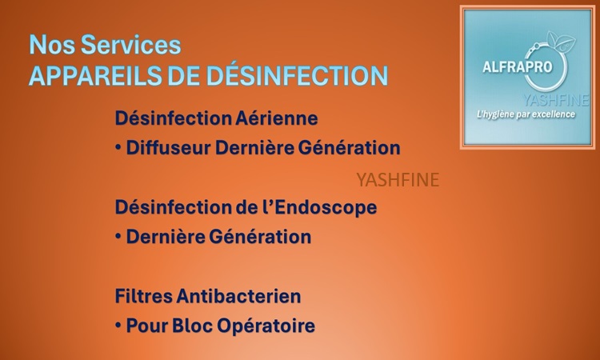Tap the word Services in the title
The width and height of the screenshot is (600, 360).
point(130,45)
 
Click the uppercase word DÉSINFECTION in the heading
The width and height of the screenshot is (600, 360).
point(298,75)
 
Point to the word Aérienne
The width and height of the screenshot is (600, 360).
point(276,118)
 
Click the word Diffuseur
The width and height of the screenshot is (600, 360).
point(168,148)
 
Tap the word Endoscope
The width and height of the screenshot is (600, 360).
point(326,208)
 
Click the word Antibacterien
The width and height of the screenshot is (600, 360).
point(238,296)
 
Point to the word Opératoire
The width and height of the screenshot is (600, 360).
point(266,326)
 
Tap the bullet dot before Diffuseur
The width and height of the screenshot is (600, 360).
point(118,147)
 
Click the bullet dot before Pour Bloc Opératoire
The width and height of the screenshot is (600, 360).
point(118,326)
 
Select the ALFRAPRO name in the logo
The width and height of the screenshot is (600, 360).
point(518,67)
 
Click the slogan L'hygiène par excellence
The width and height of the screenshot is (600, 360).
point(526,114)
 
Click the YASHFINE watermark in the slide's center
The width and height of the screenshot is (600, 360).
point(398,180)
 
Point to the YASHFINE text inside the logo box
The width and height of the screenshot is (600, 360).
point(556,100)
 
